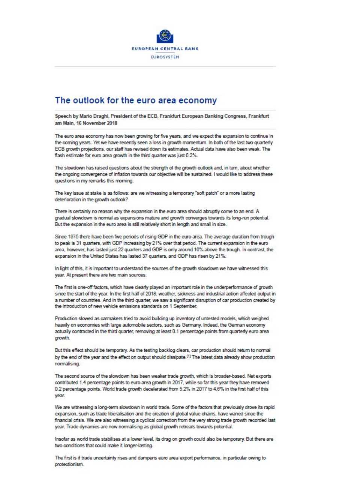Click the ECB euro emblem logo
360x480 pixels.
click(165, 36)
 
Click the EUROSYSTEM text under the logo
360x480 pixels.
click(165, 57)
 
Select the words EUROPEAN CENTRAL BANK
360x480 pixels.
click(165, 49)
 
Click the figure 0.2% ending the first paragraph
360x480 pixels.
click(191, 155)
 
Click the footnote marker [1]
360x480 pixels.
click(188, 356)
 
